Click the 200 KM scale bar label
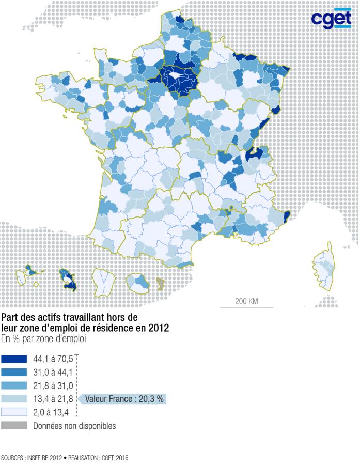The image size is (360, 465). click(246, 301)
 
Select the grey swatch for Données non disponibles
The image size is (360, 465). click(13, 426)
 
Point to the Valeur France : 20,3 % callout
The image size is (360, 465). click(124, 399)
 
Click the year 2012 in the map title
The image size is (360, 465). click(158, 328)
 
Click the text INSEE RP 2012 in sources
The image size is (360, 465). click(45, 458)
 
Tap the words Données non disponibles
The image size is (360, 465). click(74, 426)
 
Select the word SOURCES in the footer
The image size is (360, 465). click(12, 458)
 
